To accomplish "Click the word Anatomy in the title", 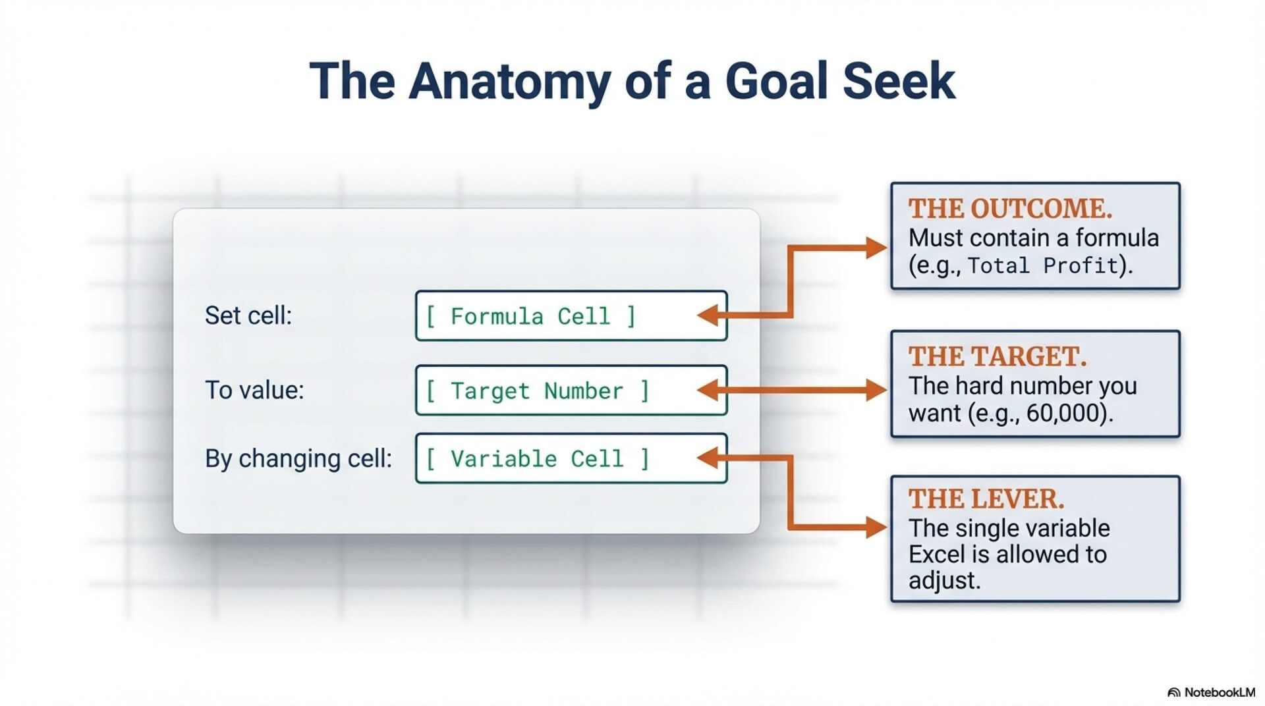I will pos(509,82).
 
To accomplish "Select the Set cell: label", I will pos(248,315).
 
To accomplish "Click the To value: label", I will pos(254,390).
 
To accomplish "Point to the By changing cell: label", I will pos(298,458).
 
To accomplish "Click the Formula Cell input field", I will pos(571,316).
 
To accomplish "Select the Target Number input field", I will pos(571,391).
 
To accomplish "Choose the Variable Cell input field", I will pos(571,458).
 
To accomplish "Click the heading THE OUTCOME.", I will pos(1010,209).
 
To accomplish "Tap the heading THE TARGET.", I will pos(998,357).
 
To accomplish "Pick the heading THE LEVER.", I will pos(986,499).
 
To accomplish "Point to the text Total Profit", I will pos(1043,266).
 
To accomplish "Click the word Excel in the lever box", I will pos(936,555).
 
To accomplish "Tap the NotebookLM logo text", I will pos(1219,692).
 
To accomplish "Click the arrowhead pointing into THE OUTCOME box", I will pos(877,248).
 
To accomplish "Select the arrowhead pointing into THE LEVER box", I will pos(877,528).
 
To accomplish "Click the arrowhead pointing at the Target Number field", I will pos(708,391).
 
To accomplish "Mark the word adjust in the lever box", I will pos(944,581).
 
